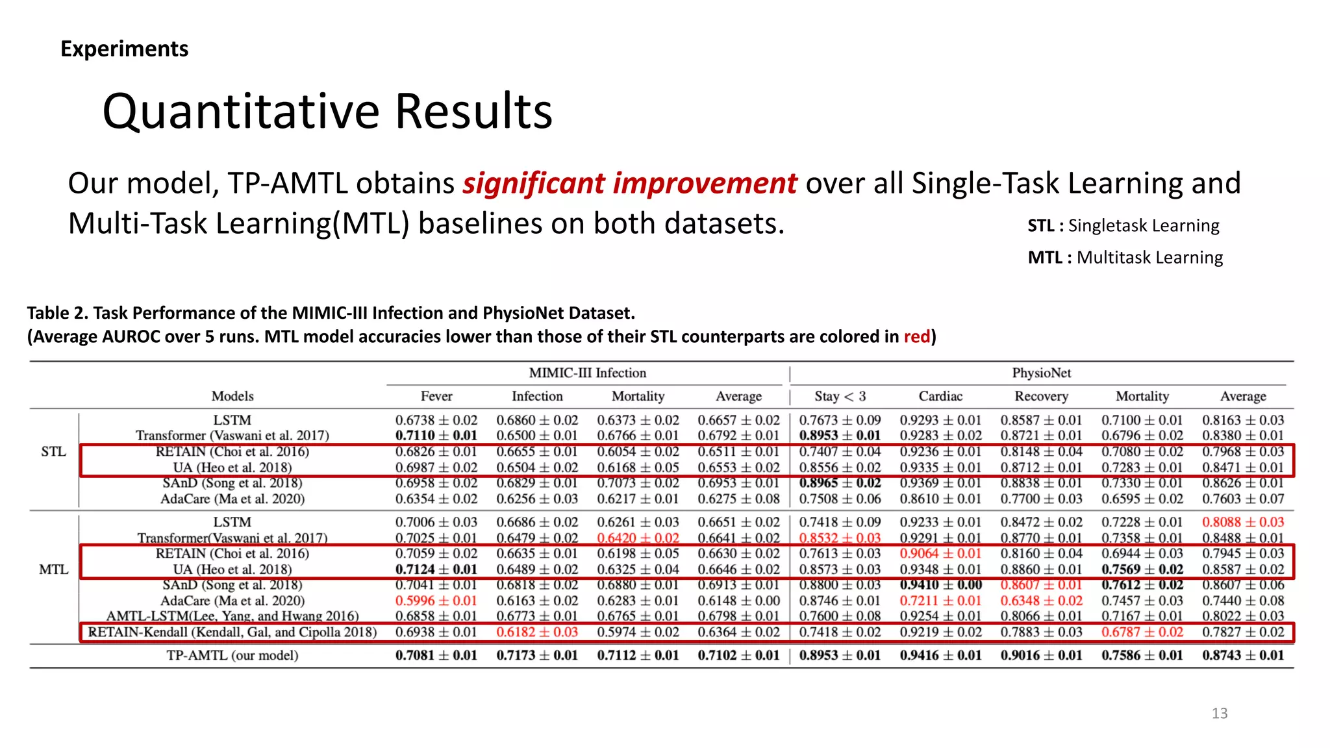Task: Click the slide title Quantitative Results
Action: click(x=327, y=111)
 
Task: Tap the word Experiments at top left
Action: click(x=124, y=49)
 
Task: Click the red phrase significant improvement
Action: click(x=629, y=183)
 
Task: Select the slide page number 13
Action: click(x=1219, y=713)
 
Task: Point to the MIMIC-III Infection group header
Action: click(x=587, y=373)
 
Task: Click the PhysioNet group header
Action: click(x=1041, y=373)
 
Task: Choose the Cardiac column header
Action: click(x=940, y=396)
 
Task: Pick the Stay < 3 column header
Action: click(x=840, y=396)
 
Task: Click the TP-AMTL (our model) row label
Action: click(x=232, y=655)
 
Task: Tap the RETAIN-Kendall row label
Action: click(x=232, y=632)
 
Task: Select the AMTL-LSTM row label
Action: click(x=232, y=616)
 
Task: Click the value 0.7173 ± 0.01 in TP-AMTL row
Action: click(x=537, y=655)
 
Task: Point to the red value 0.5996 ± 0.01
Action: click(x=436, y=601)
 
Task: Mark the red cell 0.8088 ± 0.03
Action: click(x=1242, y=522)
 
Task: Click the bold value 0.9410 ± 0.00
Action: click(x=940, y=584)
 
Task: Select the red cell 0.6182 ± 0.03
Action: click(x=537, y=632)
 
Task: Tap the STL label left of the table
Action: click(x=53, y=451)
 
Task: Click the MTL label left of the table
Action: click(x=53, y=569)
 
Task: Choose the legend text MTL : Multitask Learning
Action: click(x=1125, y=258)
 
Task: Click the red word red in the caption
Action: click(x=916, y=336)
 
